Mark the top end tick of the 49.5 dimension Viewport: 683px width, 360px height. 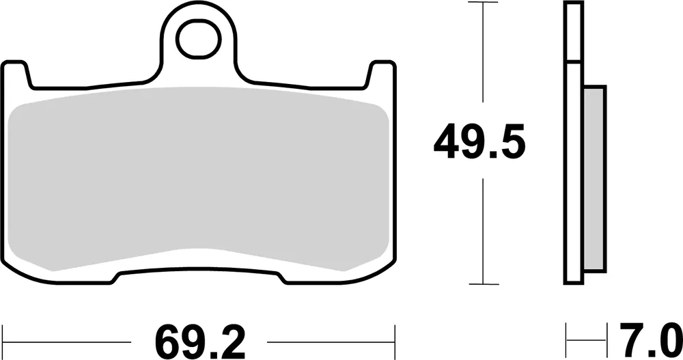(484, 3)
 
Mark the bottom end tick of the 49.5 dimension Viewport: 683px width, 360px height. (484, 283)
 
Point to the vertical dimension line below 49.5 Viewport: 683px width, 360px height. (484, 232)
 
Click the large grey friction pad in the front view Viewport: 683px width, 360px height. (198, 178)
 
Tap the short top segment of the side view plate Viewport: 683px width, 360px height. (573, 33)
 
